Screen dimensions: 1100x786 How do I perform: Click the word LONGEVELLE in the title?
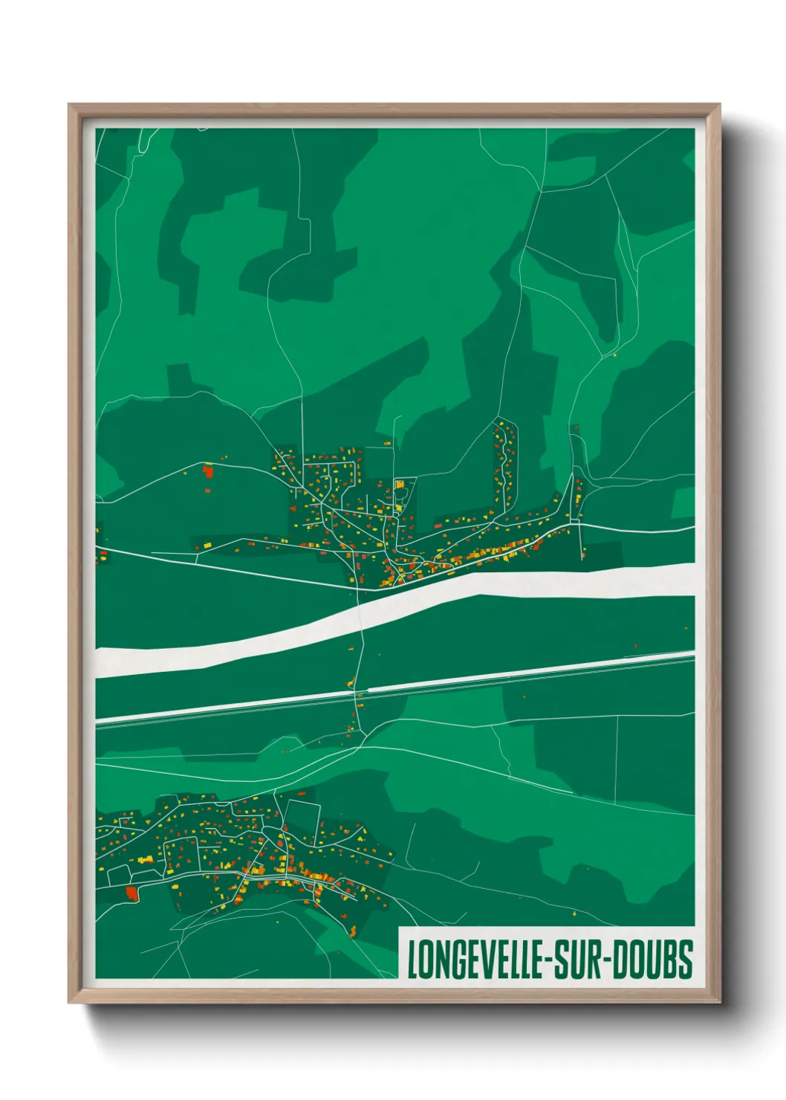pyautogui.click(x=475, y=959)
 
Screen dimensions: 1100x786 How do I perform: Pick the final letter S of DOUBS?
pyautogui.click(x=686, y=959)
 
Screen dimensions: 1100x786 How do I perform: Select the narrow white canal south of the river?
pyautogui.click(x=223, y=709)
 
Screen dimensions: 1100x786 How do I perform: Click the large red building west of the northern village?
pyautogui.click(x=208, y=470)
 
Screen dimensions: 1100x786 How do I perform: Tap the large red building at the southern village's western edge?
pyautogui.click(x=132, y=893)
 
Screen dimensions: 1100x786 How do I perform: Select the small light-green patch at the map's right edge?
pyautogui.click(x=683, y=503)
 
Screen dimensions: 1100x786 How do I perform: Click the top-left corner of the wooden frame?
pyautogui.click(x=70, y=106)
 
